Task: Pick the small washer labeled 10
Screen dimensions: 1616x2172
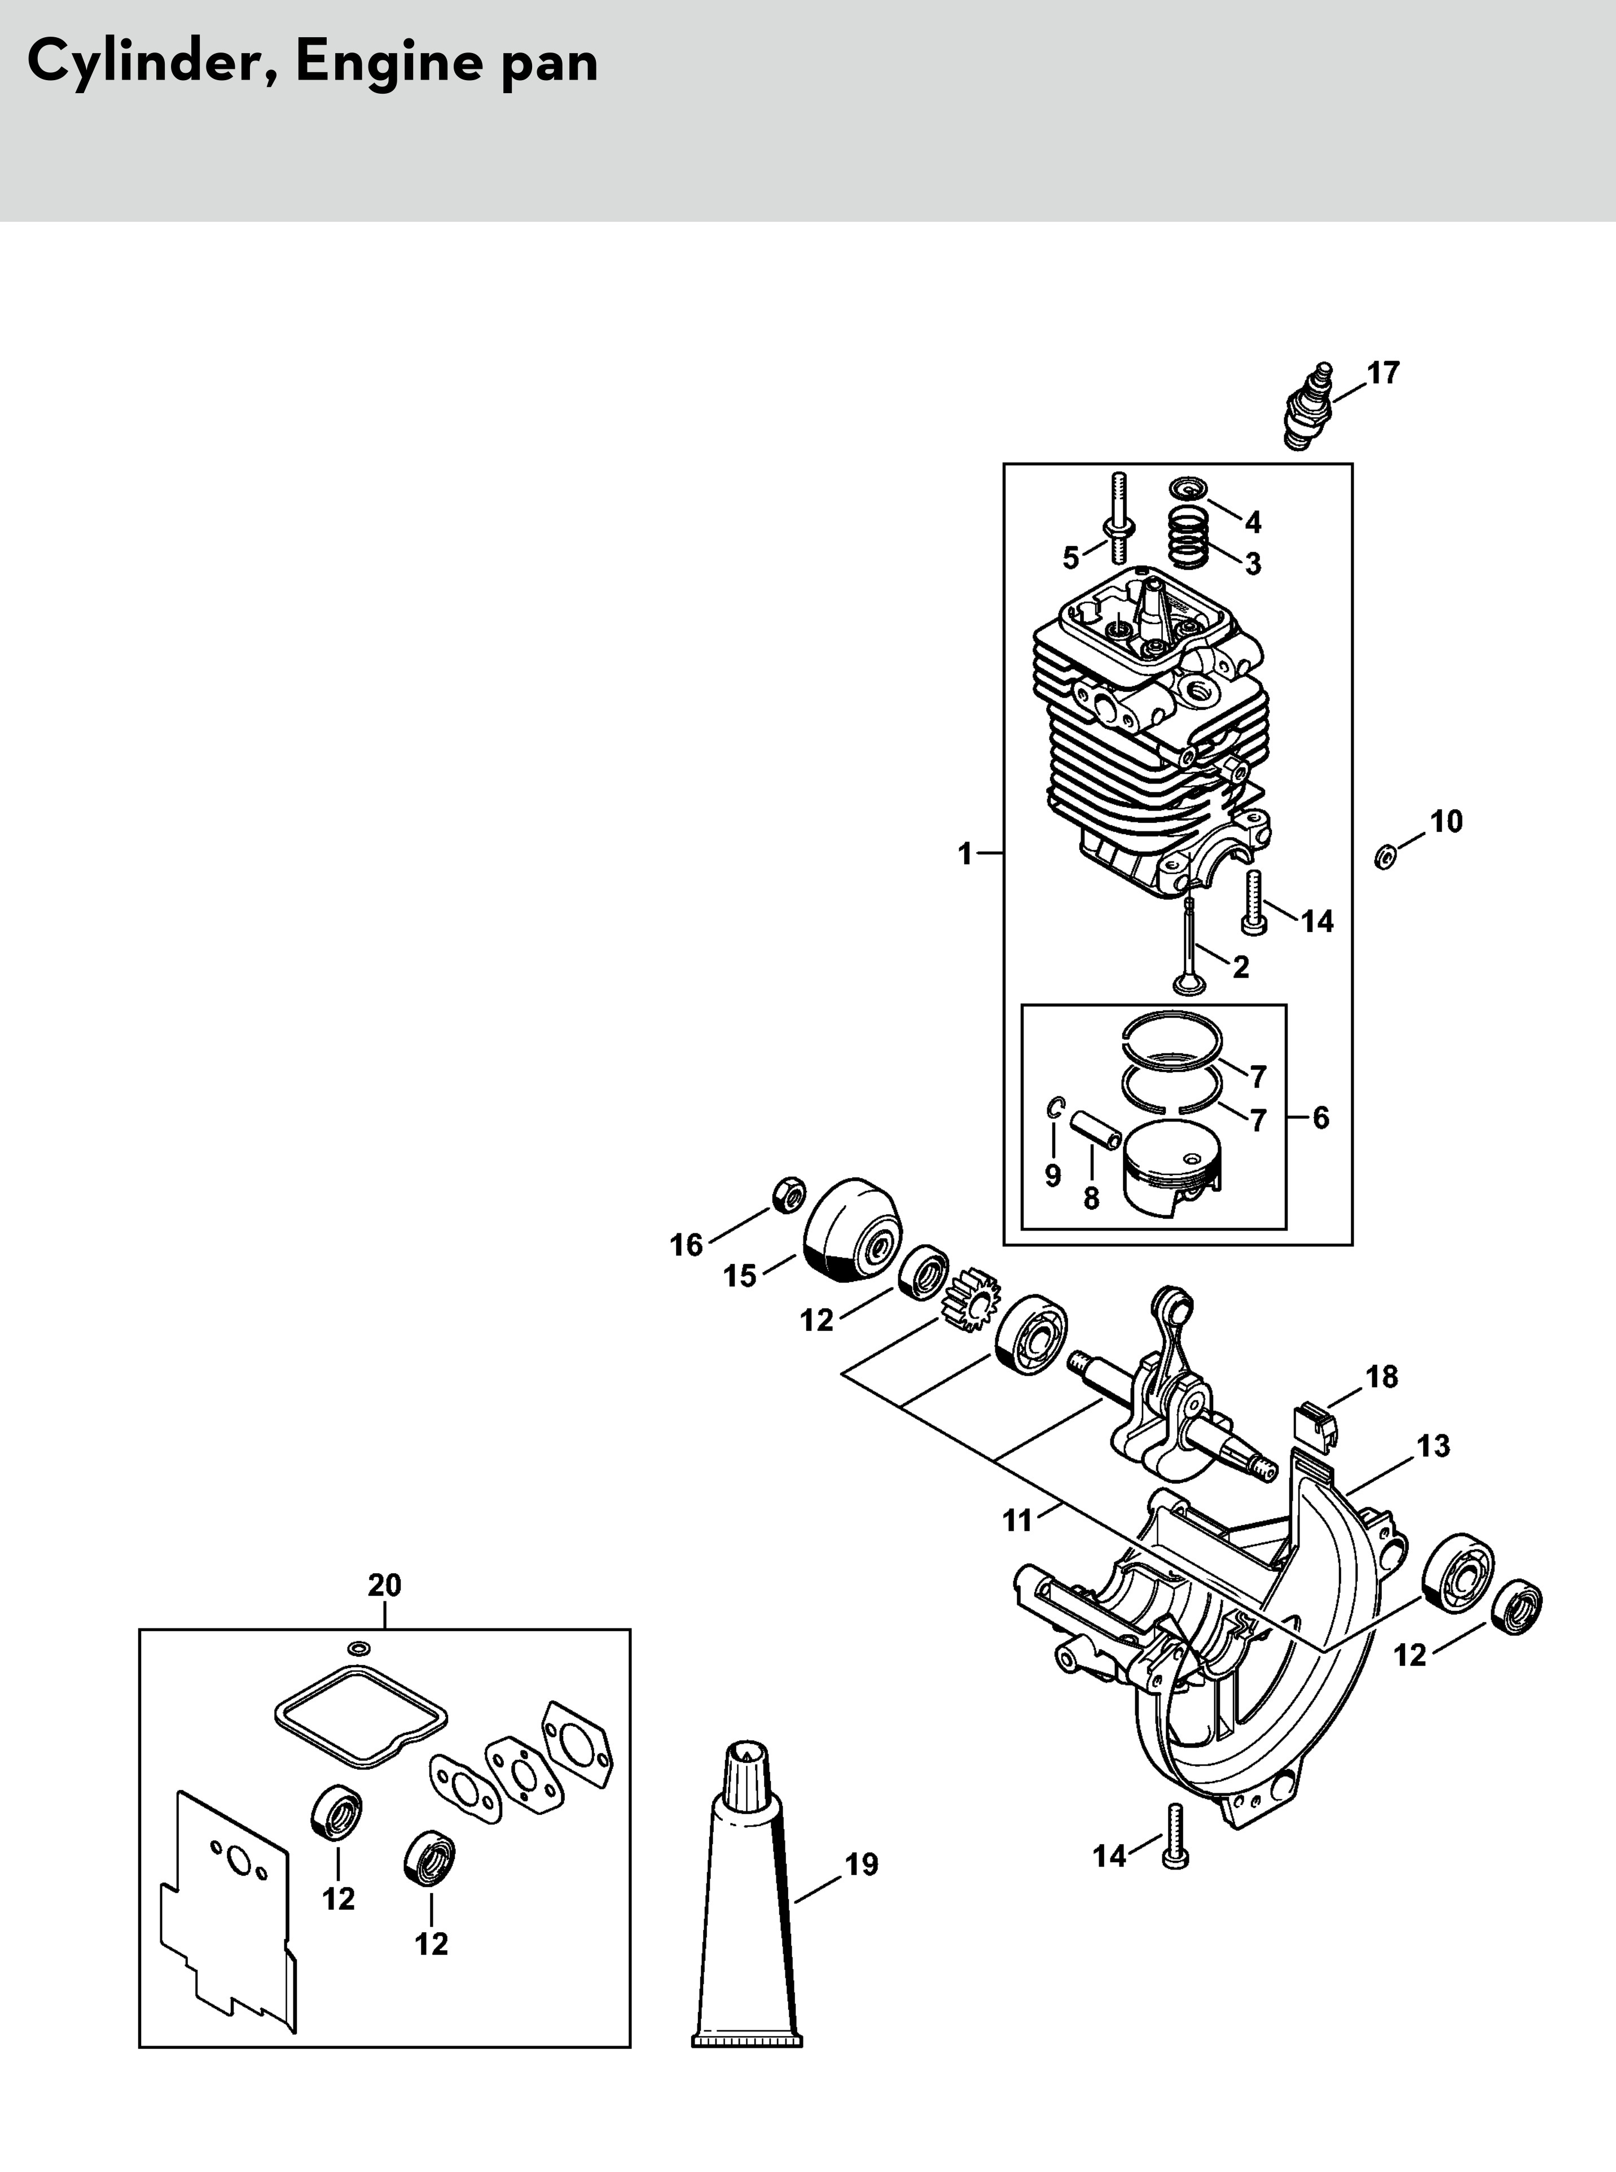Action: [x=1385, y=857]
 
